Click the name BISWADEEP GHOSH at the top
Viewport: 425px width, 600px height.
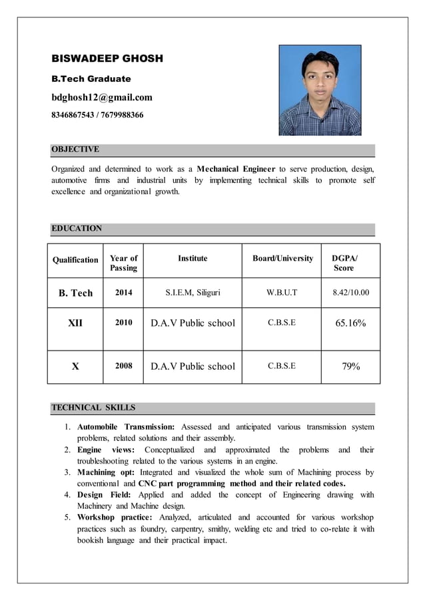pos(107,59)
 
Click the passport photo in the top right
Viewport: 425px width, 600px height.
pos(319,90)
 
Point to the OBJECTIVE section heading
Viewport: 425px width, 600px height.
pos(75,149)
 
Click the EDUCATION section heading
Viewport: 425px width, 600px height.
pos(77,228)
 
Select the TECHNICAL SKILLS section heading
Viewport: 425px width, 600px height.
pos(93,407)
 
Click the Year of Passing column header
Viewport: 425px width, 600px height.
pos(123,263)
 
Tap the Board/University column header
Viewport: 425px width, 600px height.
pos(282,258)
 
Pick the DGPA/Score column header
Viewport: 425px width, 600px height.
pos(344,263)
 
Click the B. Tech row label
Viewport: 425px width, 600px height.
pos(75,293)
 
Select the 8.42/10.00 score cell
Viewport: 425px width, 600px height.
pos(350,293)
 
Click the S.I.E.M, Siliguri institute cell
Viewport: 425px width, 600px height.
pos(193,293)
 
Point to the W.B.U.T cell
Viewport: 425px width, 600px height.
pos(282,293)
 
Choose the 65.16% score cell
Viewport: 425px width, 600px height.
pos(350,323)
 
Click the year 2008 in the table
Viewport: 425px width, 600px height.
pos(123,366)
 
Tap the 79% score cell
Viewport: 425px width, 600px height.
pos(350,366)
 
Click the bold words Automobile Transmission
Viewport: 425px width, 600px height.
pos(126,426)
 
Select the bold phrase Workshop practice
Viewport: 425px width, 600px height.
pos(115,517)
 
